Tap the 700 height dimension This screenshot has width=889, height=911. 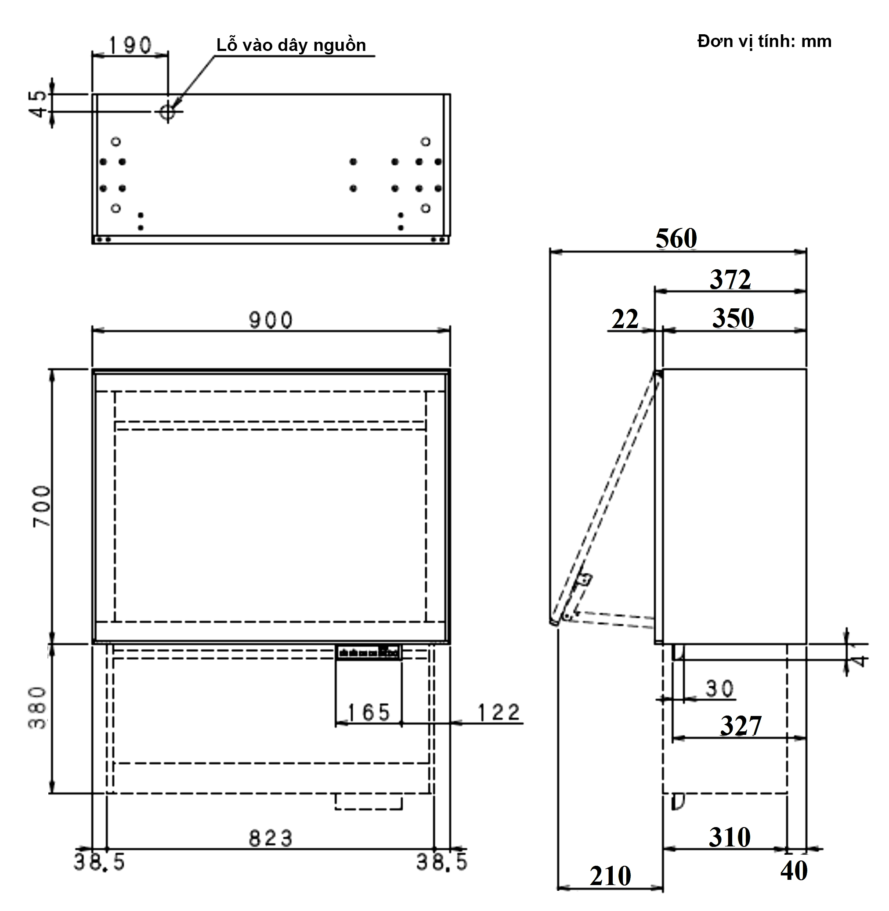coord(42,506)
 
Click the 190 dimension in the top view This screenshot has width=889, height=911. coord(130,45)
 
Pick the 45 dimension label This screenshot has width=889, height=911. coord(40,104)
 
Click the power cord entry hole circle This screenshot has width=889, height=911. coord(167,112)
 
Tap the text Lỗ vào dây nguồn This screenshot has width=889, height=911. coord(291,45)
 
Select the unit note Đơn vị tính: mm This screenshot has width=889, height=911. coord(764,42)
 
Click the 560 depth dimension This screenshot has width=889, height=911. coord(676,239)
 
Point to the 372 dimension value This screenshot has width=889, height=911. coord(730,280)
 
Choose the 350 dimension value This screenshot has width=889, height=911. coord(733,318)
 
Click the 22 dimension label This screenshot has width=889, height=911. coord(625,320)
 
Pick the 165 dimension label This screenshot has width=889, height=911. coord(369,712)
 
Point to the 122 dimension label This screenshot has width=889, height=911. coord(498,712)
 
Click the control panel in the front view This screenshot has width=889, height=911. coord(369,652)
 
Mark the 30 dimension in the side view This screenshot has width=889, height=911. coord(719,688)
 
